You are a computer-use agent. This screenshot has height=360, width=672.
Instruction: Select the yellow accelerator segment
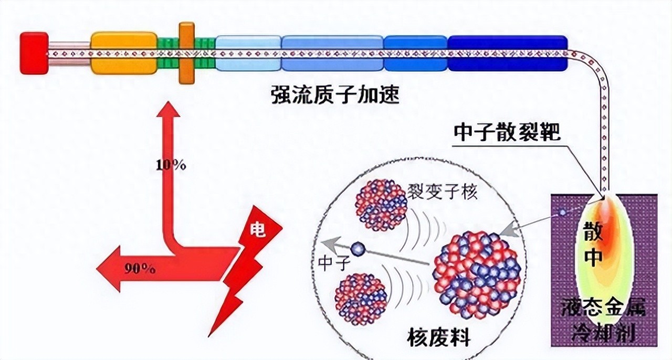124,52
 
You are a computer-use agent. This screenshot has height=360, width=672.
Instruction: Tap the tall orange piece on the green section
186,52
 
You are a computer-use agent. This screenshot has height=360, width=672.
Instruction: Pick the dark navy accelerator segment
507,53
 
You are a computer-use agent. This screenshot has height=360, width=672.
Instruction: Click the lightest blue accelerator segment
248,53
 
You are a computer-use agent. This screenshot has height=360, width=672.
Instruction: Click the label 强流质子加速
335,97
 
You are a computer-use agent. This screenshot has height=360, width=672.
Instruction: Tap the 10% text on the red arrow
171,165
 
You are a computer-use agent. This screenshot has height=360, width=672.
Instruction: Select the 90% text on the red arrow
140,270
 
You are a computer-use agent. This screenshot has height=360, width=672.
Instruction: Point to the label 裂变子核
442,192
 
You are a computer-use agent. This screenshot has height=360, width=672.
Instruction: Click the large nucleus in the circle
476,276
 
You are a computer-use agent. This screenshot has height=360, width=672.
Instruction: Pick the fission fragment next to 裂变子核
381,205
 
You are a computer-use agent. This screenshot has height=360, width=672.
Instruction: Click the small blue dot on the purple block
563,213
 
